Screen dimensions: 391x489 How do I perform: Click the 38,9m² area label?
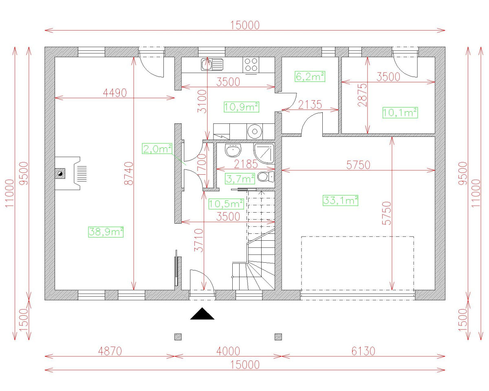pyautogui.click(x=106, y=232)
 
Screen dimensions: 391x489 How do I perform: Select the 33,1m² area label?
pyautogui.click(x=340, y=200)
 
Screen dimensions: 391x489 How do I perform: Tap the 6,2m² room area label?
pyautogui.click(x=309, y=76)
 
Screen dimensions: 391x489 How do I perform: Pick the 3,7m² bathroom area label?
pyautogui.click(x=240, y=178)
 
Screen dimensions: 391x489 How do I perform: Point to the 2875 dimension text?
pyautogui.click(x=363, y=95)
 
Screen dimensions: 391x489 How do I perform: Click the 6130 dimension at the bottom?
pyautogui.click(x=363, y=351)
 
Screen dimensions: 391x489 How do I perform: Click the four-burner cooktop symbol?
pyautogui.click(x=251, y=65)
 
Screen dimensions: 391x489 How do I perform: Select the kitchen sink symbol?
pyautogui.click(x=211, y=64)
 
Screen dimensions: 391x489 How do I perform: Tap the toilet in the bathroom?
pyautogui.click(x=266, y=177)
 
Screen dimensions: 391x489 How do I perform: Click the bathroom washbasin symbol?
pyautogui.click(x=233, y=150)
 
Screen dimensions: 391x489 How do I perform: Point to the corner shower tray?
pyautogui.click(x=264, y=153)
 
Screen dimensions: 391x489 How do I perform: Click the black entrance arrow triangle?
pyautogui.click(x=203, y=314)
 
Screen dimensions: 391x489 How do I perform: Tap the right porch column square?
pyautogui.click(x=278, y=337)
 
